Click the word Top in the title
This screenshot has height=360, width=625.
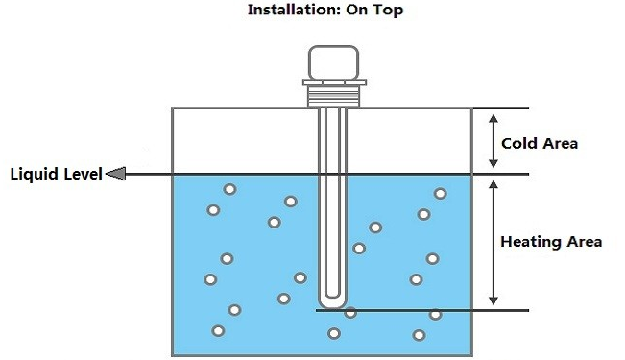388,10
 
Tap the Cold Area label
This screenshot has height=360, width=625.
540,144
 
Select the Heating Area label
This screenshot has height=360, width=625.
551,242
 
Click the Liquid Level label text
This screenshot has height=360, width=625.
57,174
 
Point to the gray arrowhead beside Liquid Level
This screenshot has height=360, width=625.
116,174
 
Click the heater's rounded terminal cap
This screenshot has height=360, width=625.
334,62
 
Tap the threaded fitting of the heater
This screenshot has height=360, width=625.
334,96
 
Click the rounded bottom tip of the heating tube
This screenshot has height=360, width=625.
333,303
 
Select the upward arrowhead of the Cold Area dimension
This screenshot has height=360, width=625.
493,119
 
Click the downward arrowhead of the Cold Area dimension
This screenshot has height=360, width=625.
493,163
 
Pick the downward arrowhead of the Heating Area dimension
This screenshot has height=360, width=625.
493,300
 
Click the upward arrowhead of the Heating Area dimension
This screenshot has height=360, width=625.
493,185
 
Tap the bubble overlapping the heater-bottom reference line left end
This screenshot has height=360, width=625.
350,313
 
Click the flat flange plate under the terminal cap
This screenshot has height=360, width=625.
334,83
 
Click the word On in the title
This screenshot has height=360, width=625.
357,10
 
